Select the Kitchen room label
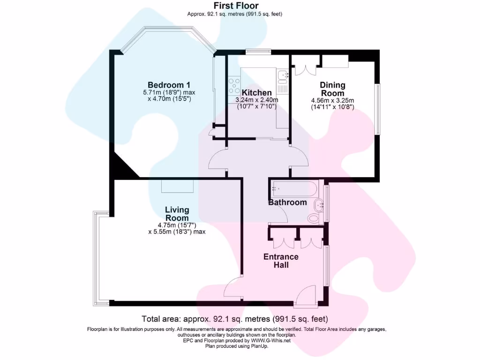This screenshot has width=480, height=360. point(256,93)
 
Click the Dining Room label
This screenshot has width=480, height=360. point(332,89)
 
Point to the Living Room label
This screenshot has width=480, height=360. point(177,214)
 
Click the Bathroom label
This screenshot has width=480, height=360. point(287,202)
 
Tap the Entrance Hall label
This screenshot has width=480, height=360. point(281,261)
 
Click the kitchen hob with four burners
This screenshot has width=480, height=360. point(233,87)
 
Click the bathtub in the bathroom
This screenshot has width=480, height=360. point(294,189)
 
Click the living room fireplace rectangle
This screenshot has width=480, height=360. point(178,186)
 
